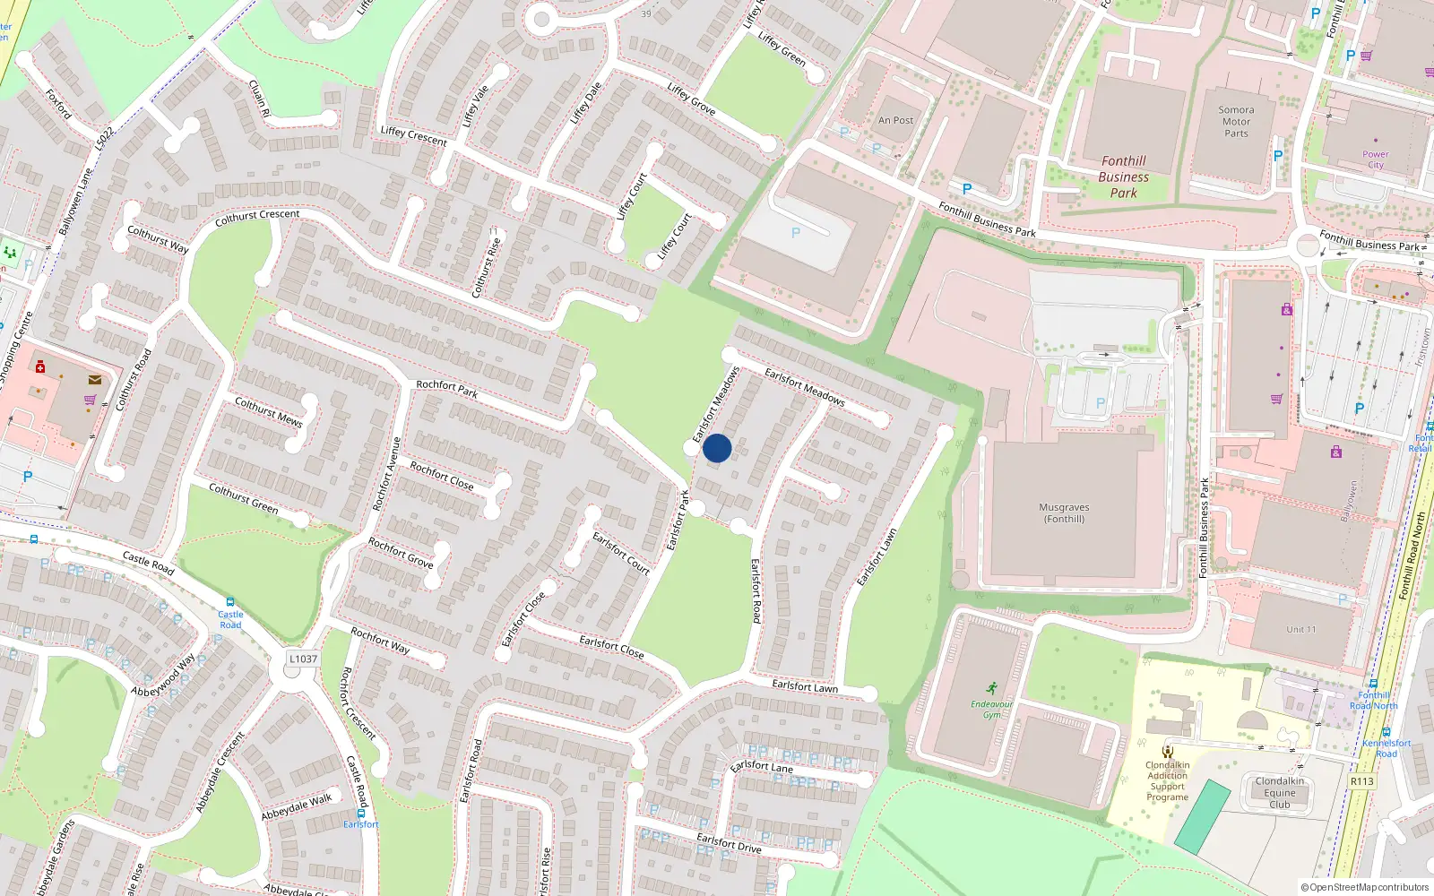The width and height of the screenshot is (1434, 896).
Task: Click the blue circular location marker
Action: pos(717,448)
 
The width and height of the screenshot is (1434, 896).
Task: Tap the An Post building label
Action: pos(895,120)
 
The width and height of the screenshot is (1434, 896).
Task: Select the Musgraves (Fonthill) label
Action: pos(1064,513)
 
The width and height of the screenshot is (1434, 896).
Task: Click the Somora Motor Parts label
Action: pos(1236,122)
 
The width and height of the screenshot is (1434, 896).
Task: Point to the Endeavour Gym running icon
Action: pos(991,688)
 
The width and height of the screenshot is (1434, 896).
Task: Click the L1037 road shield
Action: pos(303,659)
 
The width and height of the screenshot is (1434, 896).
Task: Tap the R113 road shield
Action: pos(1361,781)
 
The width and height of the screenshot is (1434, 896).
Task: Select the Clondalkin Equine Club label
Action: pos(1279,793)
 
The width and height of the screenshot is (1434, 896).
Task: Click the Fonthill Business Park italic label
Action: pos(1123,177)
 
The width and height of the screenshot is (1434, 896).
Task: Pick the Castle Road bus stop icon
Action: pos(230,603)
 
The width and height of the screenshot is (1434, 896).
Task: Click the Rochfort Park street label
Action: pos(446,389)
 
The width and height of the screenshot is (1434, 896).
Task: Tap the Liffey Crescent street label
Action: pos(413,135)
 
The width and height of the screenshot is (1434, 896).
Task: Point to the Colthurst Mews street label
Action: pos(268,411)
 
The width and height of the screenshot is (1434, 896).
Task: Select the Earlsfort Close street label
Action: pos(611,646)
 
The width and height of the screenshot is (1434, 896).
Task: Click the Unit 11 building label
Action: pos(1301,629)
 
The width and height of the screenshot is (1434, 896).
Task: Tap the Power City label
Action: pos(1375,159)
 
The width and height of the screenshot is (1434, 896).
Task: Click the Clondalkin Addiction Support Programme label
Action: pos(1167,780)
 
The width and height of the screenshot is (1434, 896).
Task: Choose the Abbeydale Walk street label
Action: pos(296,806)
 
